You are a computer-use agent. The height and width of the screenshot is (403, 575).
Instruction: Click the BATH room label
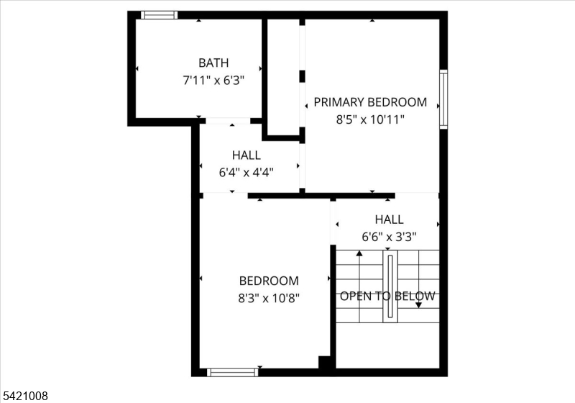click(213, 63)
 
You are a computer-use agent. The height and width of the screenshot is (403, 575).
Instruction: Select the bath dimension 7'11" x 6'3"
click(213, 81)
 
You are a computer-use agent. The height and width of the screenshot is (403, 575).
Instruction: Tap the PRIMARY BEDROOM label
click(370, 102)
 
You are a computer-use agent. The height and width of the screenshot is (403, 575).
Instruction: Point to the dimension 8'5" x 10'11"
click(370, 119)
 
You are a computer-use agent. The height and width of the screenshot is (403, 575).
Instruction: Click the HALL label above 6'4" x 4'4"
click(246, 155)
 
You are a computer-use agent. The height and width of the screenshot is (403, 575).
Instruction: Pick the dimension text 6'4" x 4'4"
click(246, 172)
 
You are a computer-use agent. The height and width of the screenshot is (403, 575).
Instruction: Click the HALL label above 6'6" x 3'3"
click(389, 219)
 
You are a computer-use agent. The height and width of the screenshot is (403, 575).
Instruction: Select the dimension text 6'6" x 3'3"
click(389, 236)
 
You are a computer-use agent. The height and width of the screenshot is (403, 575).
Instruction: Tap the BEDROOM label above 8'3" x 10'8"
click(269, 281)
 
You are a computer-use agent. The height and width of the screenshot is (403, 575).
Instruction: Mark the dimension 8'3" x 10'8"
click(269, 297)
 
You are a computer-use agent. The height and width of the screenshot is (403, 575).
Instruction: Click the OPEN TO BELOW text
click(387, 296)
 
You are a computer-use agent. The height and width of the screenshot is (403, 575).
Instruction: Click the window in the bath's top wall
click(159, 14)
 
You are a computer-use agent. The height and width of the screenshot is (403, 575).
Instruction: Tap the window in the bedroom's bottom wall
click(232, 372)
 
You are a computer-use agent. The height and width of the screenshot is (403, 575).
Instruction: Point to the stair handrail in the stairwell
click(390, 286)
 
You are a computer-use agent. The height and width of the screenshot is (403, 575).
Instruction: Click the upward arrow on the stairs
click(359, 255)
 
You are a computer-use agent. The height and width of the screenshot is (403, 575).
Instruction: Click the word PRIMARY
click(340, 102)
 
